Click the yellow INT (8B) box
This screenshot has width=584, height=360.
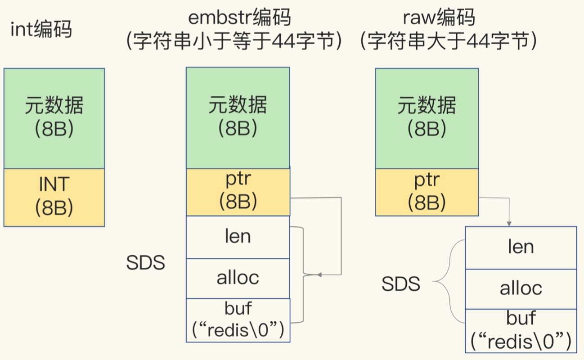(x=54, y=197)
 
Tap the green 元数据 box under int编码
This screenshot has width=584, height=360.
(x=54, y=118)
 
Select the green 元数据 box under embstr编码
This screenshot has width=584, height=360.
(x=238, y=118)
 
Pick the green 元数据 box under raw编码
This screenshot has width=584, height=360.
(x=427, y=118)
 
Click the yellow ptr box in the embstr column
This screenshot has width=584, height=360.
(x=238, y=191)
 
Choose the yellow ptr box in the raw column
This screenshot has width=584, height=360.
(x=427, y=191)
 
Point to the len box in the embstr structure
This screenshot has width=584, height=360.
(x=238, y=237)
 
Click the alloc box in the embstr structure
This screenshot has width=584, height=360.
(x=238, y=278)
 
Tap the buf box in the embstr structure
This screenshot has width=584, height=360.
(x=238, y=320)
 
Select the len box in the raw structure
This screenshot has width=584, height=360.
(x=521, y=247)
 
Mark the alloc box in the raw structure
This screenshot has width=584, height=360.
(x=521, y=288)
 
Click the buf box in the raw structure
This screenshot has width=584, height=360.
(x=521, y=330)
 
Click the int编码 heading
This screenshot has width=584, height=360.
(x=41, y=30)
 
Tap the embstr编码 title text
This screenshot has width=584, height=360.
(x=239, y=18)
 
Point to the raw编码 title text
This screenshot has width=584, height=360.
(x=439, y=18)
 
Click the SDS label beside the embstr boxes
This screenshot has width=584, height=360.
(x=145, y=263)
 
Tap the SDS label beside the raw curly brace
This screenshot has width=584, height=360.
(x=400, y=284)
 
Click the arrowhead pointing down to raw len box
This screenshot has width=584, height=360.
(x=509, y=223)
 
